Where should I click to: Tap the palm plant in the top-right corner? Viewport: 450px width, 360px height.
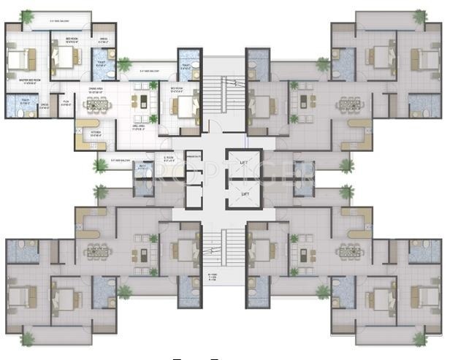(419, 15)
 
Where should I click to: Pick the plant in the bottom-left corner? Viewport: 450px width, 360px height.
(28, 338)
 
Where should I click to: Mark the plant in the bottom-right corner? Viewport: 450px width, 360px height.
(419, 340)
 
